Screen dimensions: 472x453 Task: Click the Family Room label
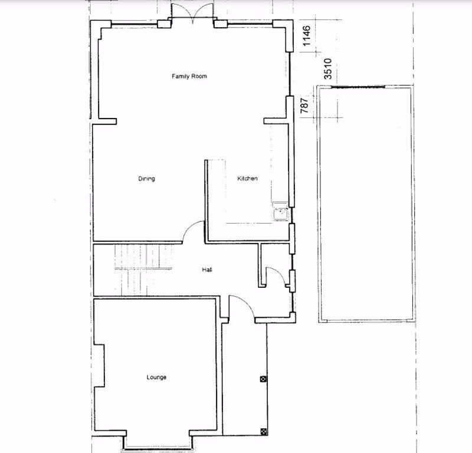pyautogui.click(x=189, y=76)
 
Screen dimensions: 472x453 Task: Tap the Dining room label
pyautogui.click(x=146, y=179)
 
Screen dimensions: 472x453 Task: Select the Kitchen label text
pyautogui.click(x=247, y=178)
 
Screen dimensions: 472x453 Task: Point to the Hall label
pyautogui.click(x=207, y=270)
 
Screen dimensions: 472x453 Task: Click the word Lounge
pyautogui.click(x=156, y=377)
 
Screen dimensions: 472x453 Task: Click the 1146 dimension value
pyautogui.click(x=306, y=36)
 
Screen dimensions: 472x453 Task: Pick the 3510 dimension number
pyautogui.click(x=328, y=69)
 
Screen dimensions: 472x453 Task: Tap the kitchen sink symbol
pyautogui.click(x=281, y=211)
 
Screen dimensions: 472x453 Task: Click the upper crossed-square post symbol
pyautogui.click(x=263, y=379)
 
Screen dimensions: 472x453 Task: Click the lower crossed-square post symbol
pyautogui.click(x=263, y=432)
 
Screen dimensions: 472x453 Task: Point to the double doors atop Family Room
pyautogui.click(x=193, y=13)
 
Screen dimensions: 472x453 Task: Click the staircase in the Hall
pyautogui.click(x=143, y=270)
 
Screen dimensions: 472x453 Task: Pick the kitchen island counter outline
pyautogui.click(x=217, y=192)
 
